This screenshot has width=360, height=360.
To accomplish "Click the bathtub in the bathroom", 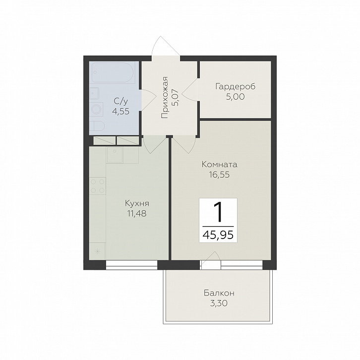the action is (x=114, y=73).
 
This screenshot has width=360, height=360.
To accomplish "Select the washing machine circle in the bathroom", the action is (x=96, y=109).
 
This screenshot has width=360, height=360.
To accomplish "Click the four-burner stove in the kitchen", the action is (x=98, y=186).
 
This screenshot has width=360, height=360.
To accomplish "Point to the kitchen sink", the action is (x=115, y=155).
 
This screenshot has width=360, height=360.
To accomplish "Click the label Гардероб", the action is (x=236, y=87).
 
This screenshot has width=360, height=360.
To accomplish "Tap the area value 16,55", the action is (x=219, y=175).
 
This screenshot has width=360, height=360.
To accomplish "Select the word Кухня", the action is (x=137, y=203).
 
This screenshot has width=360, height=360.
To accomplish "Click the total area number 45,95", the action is (x=218, y=235).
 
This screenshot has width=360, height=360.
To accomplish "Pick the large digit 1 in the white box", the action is (x=218, y=212).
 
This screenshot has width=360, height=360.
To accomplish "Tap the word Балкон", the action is (x=219, y=293).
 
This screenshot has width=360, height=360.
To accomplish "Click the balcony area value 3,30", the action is (x=219, y=303).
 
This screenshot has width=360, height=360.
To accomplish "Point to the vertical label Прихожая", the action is (x=165, y=98).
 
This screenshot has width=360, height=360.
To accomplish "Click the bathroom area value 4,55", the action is (x=121, y=112).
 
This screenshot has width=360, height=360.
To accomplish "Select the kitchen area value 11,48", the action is (x=137, y=214).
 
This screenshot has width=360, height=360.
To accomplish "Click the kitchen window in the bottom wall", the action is (x=132, y=265).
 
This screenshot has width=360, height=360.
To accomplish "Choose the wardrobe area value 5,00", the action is (x=236, y=97).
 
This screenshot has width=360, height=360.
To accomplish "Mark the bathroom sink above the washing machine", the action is (x=94, y=93).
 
